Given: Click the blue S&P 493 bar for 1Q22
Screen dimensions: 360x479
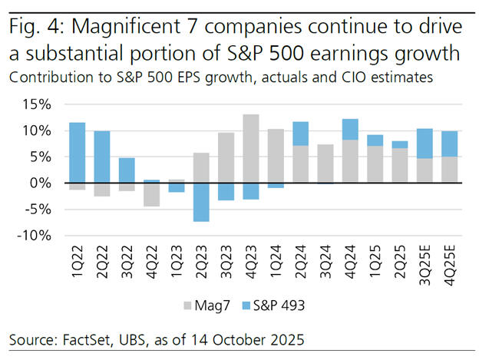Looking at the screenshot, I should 77,153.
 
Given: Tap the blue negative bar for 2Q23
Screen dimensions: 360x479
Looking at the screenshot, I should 201,202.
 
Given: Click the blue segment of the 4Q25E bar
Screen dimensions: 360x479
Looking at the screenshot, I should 451,144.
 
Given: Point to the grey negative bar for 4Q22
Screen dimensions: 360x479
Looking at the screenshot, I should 151,195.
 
